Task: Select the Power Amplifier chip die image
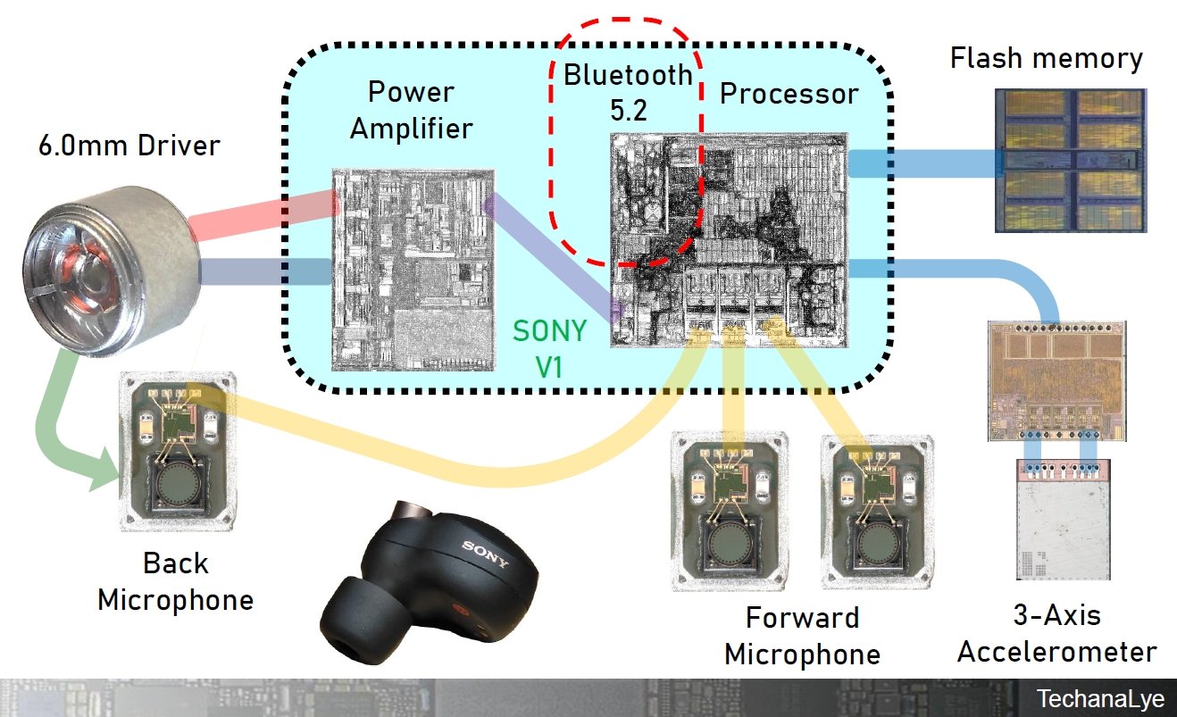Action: pyautogui.click(x=413, y=268)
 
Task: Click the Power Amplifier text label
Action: pyautogui.click(x=411, y=110)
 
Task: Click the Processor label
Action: pyautogui.click(x=789, y=93)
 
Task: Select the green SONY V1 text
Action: pyautogui.click(x=550, y=348)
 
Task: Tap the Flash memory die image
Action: pyautogui.click(x=1068, y=161)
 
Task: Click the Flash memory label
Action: pyautogui.click(x=1046, y=59)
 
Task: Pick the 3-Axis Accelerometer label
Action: pyautogui.click(x=1056, y=633)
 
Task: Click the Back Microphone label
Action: pyautogui.click(x=175, y=581)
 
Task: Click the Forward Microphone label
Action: pyautogui.click(x=802, y=636)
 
